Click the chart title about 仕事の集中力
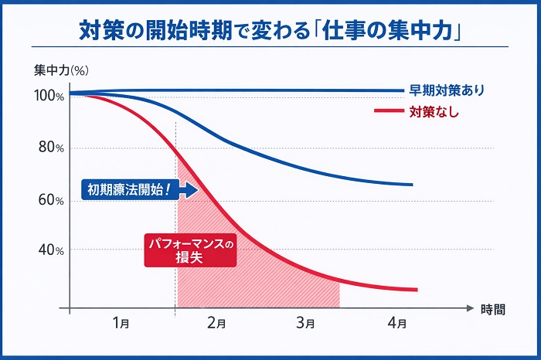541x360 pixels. (270, 30)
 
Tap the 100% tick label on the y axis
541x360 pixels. (49, 96)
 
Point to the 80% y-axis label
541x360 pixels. (49, 148)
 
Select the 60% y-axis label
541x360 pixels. (49, 201)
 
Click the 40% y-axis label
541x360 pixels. (49, 250)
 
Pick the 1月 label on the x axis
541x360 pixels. (121, 323)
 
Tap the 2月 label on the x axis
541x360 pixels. (218, 323)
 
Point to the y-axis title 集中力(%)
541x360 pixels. (62, 70)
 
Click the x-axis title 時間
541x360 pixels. (492, 309)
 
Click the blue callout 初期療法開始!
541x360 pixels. (136, 188)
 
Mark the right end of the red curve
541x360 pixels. (416, 290)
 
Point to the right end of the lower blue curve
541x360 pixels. (411, 185)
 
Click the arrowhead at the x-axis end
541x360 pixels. (469, 308)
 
